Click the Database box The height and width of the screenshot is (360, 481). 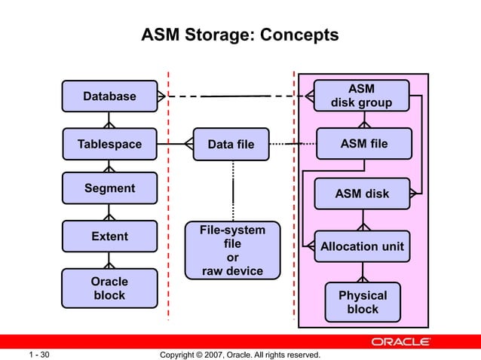click(109, 96)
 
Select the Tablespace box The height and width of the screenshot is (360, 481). click(109, 144)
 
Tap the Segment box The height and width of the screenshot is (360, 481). click(109, 188)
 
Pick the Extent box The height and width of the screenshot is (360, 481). click(109, 236)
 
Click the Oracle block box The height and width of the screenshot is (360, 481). click(109, 288)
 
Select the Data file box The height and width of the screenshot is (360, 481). click(231, 144)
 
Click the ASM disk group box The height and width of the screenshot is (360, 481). click(361, 96)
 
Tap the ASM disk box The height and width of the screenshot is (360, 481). click(362, 194)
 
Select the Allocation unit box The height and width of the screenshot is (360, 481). click(362, 246)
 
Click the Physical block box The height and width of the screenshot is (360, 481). click(363, 302)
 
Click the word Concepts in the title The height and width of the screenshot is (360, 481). click(296, 35)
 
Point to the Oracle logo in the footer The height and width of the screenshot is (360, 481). click(400, 342)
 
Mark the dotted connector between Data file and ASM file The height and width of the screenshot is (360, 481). click(290, 143)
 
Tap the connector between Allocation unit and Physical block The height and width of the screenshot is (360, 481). click(363, 272)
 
